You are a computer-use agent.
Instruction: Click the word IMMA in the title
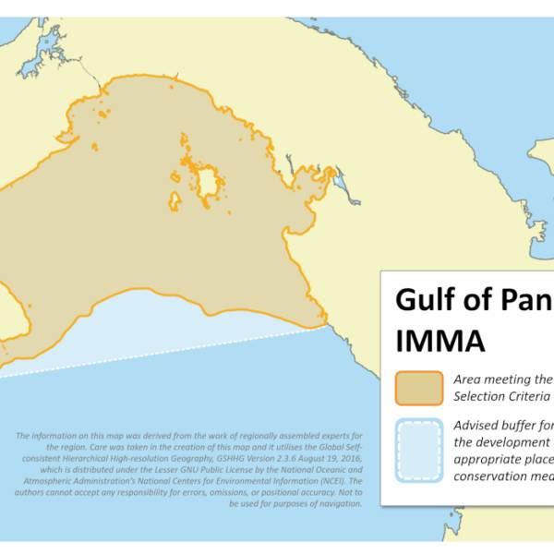tap(440, 341)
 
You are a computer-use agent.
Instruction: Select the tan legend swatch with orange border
tap(419, 388)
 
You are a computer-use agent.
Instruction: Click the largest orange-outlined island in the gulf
tap(209, 183)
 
